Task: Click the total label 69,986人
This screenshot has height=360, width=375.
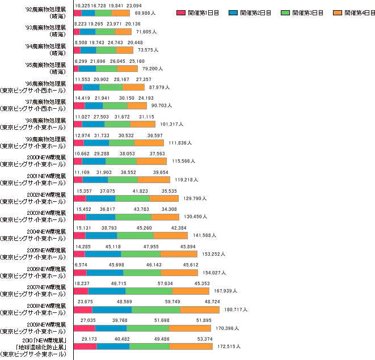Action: [x=143, y=12]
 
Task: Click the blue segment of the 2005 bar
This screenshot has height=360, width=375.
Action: [x=103, y=254]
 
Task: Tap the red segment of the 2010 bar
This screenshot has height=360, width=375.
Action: [x=85, y=346]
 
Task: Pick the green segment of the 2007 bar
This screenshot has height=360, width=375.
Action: [x=149, y=291]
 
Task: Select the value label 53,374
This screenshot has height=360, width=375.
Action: [x=204, y=338]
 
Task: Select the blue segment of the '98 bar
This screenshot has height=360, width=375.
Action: [x=93, y=124]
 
